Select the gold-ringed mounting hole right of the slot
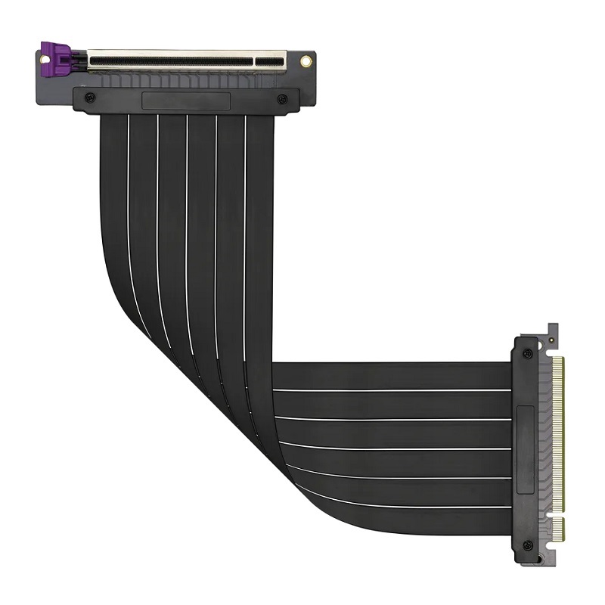pyautogui.click(x=306, y=59)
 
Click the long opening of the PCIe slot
pyautogui.click(x=169, y=59)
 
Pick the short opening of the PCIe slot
pyautogui.click(x=270, y=59)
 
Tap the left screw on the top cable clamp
pyautogui.click(x=91, y=98)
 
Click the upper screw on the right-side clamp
pyautogui.click(x=527, y=353)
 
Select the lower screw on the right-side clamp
pyautogui.click(x=527, y=544)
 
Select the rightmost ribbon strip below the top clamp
pyautogui.click(x=259, y=189)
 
